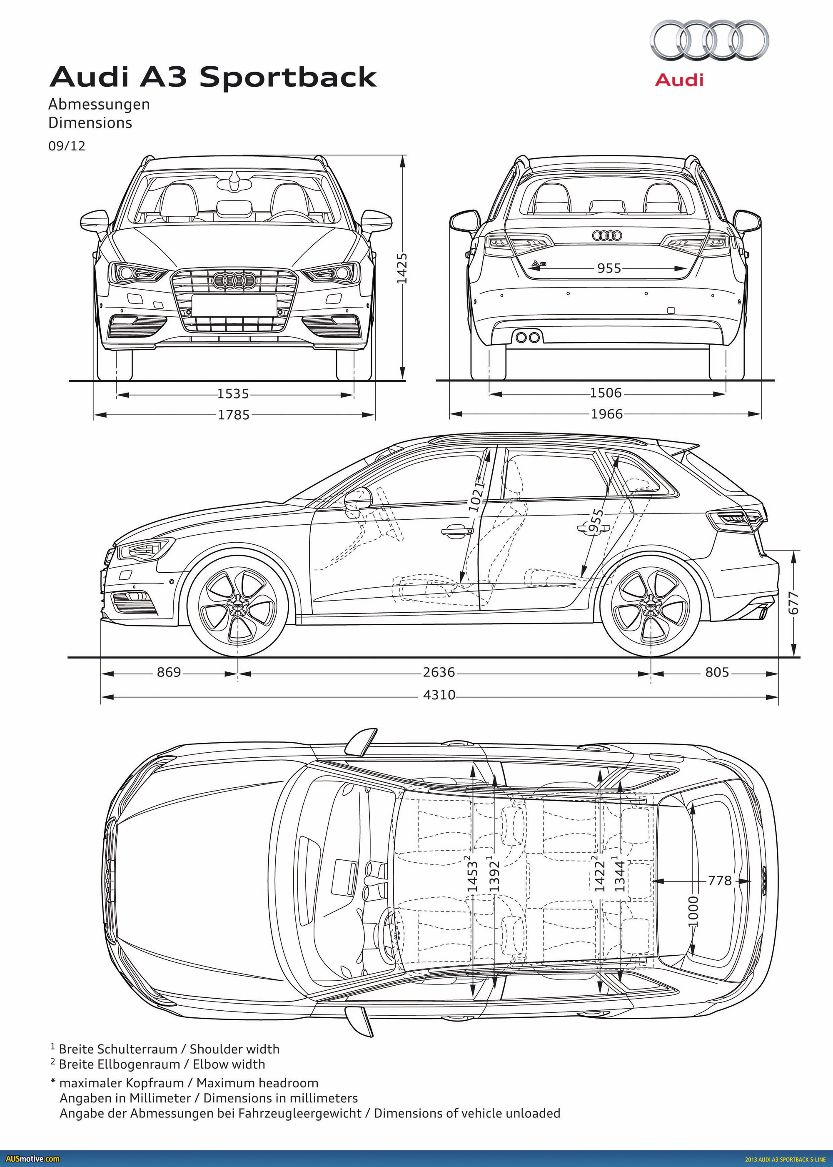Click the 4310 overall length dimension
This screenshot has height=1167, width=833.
pos(439,695)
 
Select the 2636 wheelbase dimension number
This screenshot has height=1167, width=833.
pos(439,672)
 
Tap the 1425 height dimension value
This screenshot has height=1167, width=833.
pos(402,268)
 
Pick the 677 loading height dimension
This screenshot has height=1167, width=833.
pos(793,603)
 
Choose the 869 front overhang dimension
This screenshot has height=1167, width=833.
pos(169,672)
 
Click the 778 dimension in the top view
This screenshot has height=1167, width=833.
pos(720,881)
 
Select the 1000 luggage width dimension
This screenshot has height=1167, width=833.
pos(693,912)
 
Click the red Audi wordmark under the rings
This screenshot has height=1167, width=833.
pos(679,80)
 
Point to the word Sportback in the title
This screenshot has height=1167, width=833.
pos(288,77)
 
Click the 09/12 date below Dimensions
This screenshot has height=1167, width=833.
pos(67,146)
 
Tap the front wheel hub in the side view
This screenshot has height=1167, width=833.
pos(237,606)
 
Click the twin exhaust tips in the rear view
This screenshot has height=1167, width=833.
pos(528,337)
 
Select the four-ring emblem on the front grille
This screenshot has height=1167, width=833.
pos(234,280)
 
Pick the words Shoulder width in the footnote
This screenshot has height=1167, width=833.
pos(234,1049)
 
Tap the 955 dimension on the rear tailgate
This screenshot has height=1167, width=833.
pos(609,268)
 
